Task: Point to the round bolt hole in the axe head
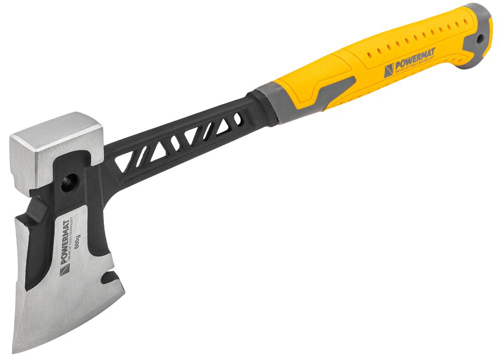68,184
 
